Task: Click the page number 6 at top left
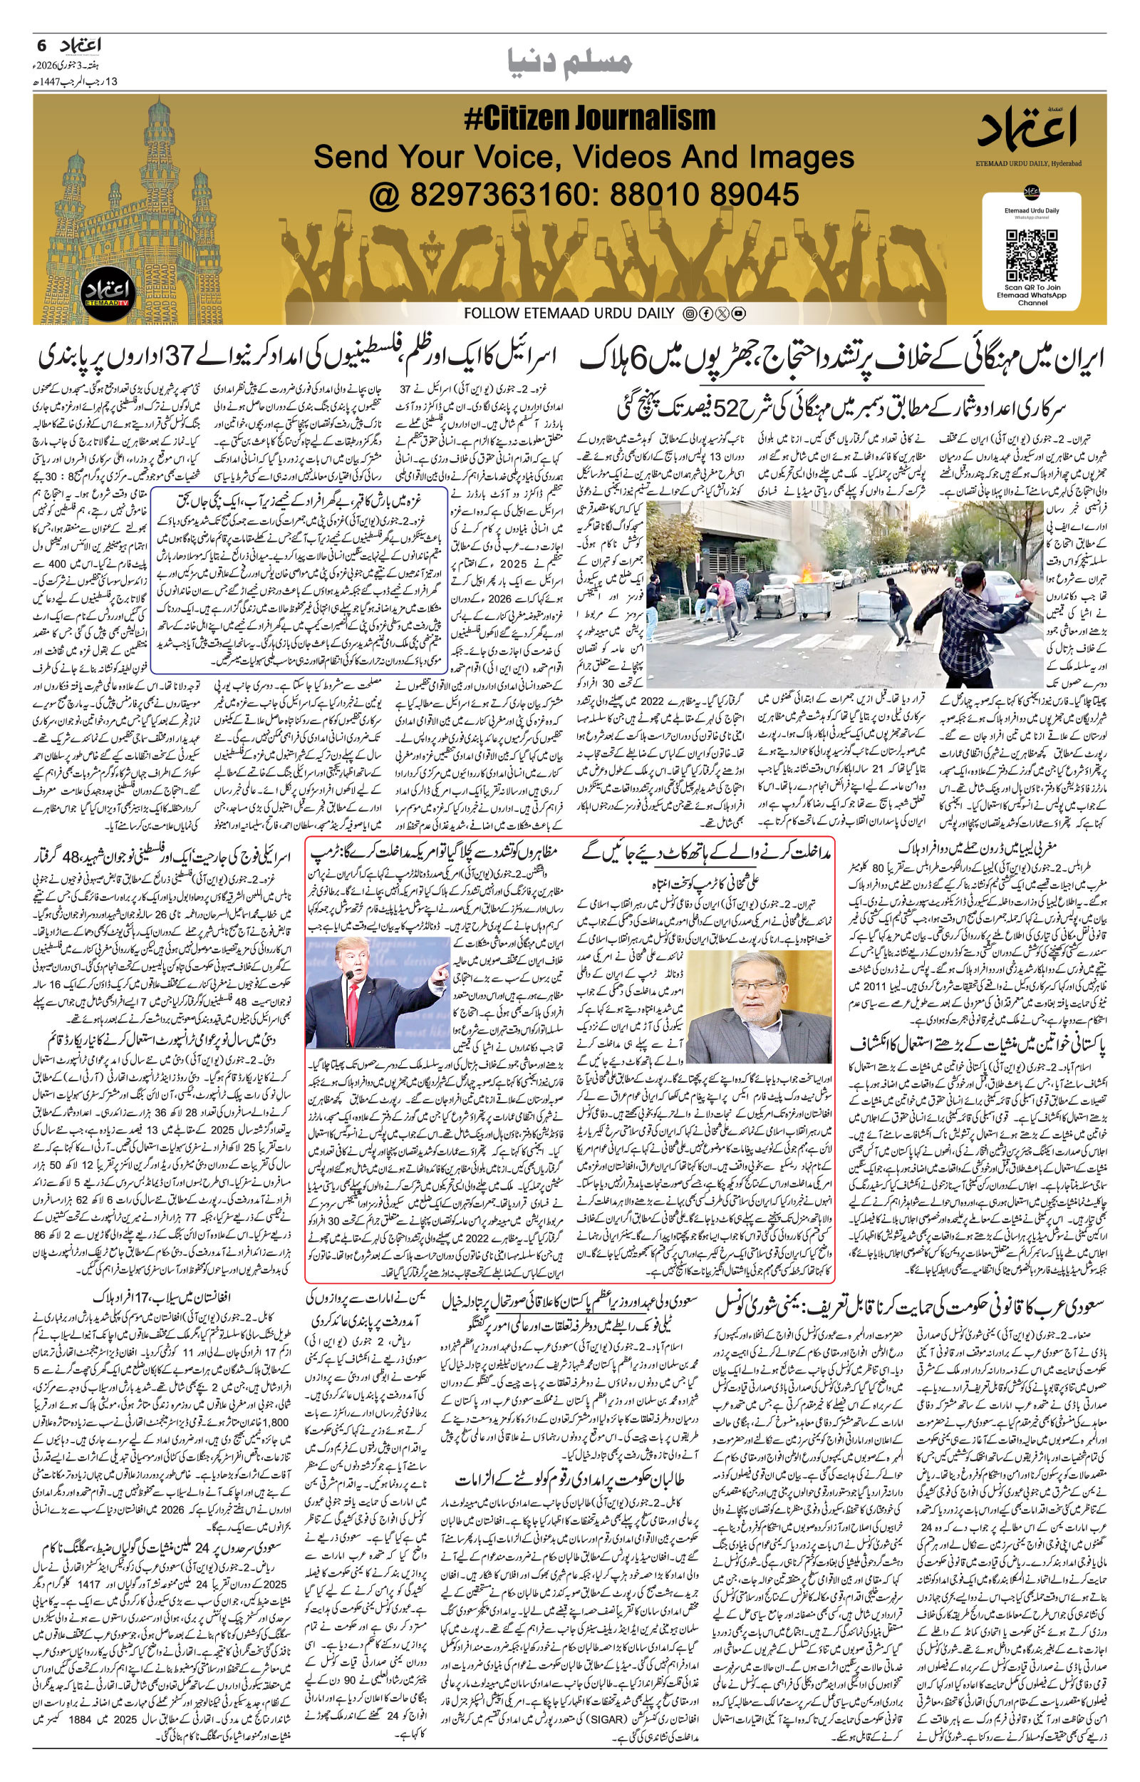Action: tap(42, 44)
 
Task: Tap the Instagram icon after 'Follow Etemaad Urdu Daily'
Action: tap(688, 314)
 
